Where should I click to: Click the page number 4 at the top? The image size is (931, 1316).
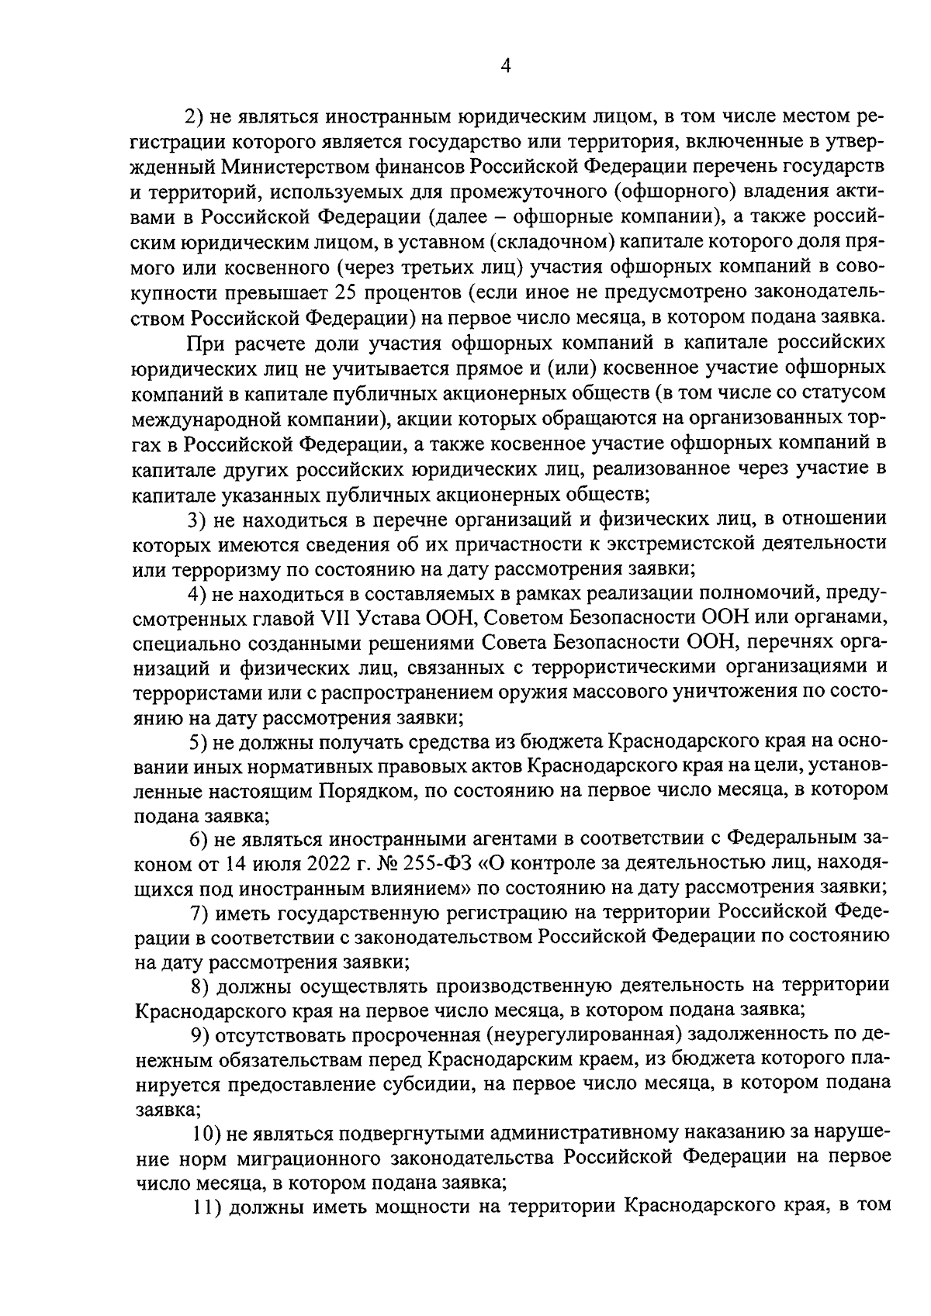pyautogui.click(x=505, y=67)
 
